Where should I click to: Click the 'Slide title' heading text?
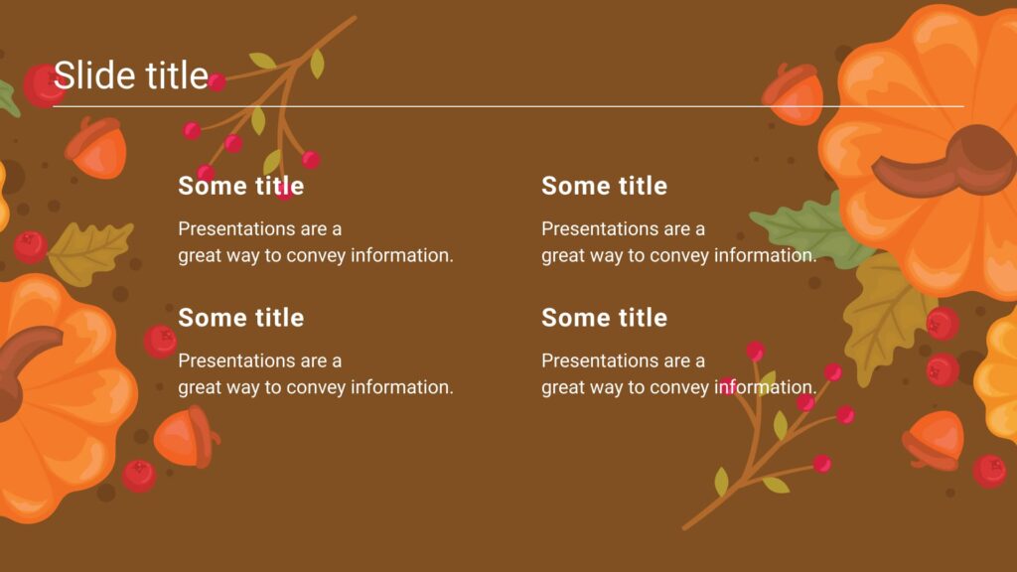(x=130, y=75)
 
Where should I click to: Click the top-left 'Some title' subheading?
(x=240, y=186)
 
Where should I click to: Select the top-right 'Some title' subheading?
(x=604, y=186)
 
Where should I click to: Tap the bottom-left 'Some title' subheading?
(x=240, y=318)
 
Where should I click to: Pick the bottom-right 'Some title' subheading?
(x=604, y=318)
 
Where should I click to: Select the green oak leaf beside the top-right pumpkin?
(x=804, y=228)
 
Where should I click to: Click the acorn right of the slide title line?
(x=794, y=95)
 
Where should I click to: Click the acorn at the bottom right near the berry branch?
(x=933, y=440)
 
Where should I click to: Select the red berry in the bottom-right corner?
(x=989, y=470)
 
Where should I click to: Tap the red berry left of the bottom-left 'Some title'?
(x=160, y=342)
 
